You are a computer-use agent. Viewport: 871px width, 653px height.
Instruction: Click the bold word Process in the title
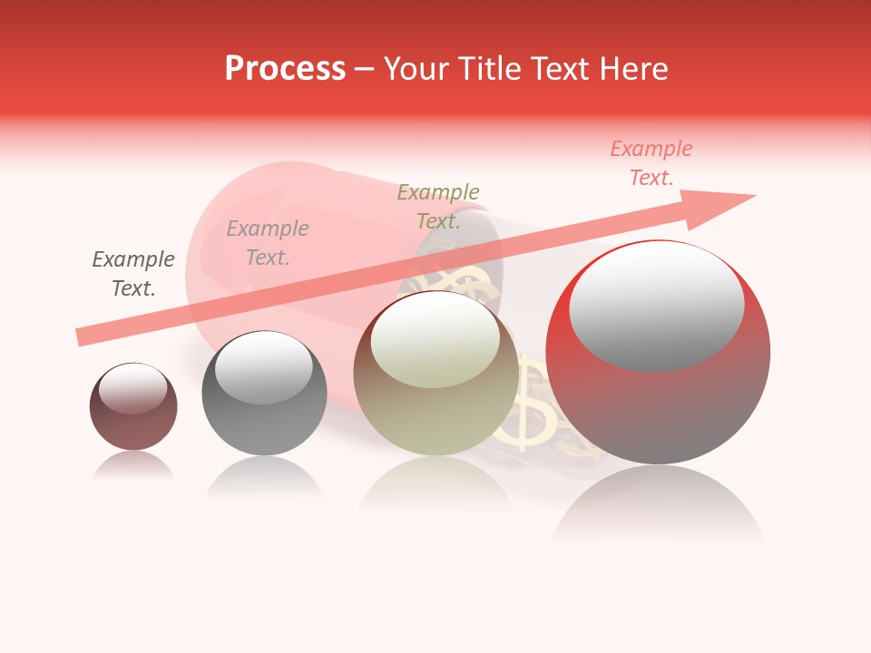click(285, 69)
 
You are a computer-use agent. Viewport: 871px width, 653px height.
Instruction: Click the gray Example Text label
click(133, 274)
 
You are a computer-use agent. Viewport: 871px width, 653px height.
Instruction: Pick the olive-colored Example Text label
click(438, 207)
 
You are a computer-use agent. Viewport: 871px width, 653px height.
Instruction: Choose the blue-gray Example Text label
click(268, 243)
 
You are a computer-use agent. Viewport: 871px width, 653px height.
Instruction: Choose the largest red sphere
click(658, 399)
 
